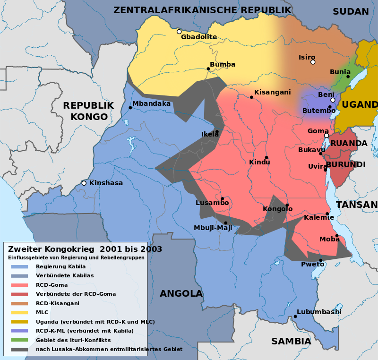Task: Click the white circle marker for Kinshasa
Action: (x=84, y=183)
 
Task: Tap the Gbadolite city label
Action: (x=199, y=37)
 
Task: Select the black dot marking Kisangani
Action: (x=251, y=97)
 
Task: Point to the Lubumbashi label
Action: (x=319, y=312)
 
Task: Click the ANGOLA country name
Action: (x=181, y=293)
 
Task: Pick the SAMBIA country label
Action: (x=291, y=341)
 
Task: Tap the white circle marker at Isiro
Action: (x=313, y=62)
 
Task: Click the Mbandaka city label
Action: (x=151, y=103)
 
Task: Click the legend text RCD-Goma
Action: (x=52, y=285)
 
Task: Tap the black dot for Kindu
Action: (x=266, y=157)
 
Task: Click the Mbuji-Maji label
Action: (x=213, y=228)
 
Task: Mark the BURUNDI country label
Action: (x=346, y=164)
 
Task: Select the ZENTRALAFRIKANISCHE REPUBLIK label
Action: (x=202, y=10)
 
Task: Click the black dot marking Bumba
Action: (x=208, y=69)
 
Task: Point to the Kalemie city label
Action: (x=319, y=217)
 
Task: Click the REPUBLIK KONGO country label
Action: (x=88, y=111)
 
